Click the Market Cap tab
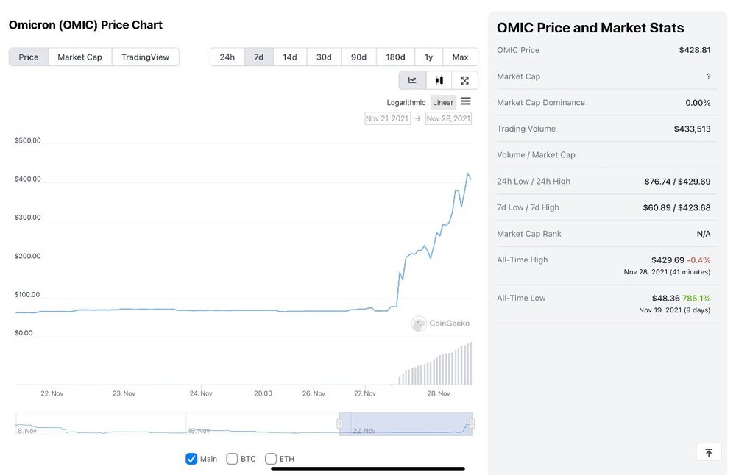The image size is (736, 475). click(x=79, y=57)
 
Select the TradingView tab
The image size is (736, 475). click(x=145, y=57)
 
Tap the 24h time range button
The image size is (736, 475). click(x=227, y=57)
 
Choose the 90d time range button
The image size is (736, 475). click(x=358, y=57)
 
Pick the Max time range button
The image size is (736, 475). click(x=460, y=57)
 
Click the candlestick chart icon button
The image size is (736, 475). click(x=439, y=81)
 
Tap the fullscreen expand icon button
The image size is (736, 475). click(x=464, y=81)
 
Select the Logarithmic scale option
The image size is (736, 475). click(x=406, y=103)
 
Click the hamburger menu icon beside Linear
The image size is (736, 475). click(x=466, y=101)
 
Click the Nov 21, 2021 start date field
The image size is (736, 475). click(x=387, y=118)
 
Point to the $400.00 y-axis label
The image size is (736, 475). click(x=28, y=179)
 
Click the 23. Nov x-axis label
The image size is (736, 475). click(x=124, y=393)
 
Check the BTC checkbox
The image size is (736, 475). click(x=232, y=459)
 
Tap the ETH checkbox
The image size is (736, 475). click(x=271, y=459)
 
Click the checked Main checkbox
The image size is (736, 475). click(x=191, y=459)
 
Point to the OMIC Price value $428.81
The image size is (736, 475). click(x=695, y=50)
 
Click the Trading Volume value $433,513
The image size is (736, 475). click(x=693, y=129)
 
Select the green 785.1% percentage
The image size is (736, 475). click(x=696, y=299)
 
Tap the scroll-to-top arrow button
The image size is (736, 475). click(x=709, y=452)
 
